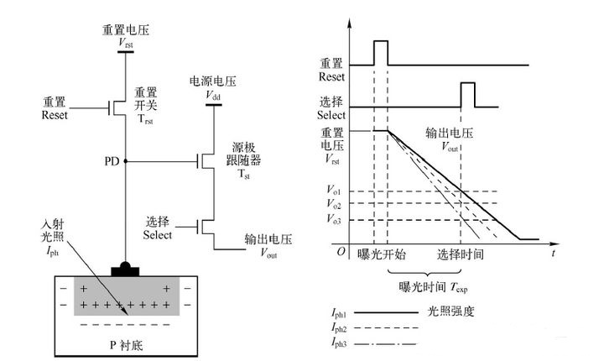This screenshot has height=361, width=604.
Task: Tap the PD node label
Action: [112, 159]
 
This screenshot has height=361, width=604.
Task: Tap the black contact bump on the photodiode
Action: [125, 269]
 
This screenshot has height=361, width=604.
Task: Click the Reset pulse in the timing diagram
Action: [380, 52]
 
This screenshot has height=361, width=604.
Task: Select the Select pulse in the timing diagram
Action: [467, 94]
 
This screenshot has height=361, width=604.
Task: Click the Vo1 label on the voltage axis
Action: [334, 191]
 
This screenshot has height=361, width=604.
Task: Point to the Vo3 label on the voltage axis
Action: [334, 221]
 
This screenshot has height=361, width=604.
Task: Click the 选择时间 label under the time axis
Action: [461, 253]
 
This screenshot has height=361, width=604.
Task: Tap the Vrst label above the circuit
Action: [124, 41]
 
